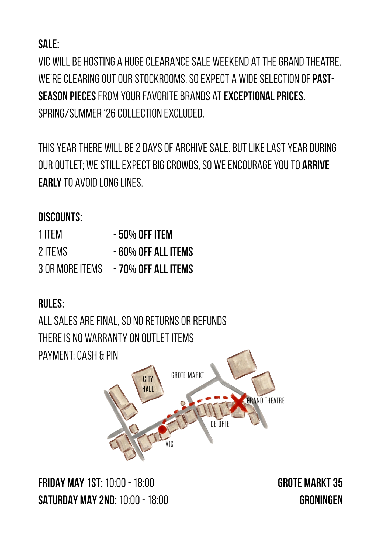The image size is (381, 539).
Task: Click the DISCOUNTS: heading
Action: [60, 217]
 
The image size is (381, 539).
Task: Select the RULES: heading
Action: [51, 304]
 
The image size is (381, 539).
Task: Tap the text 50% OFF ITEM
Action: [145, 235]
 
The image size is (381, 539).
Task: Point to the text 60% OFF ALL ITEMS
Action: [156, 252]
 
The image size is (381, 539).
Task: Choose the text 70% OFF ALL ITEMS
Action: [156, 269]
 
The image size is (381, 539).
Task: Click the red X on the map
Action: [238, 402]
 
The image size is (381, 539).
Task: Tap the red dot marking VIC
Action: [162, 429]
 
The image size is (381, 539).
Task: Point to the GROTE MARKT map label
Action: [188, 375]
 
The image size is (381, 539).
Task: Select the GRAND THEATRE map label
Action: [265, 401]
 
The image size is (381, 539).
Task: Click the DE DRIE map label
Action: [220, 424]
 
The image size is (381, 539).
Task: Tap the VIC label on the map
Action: [169, 444]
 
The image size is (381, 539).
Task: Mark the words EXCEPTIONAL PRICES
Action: [263, 96]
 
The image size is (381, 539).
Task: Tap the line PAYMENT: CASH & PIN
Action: [78, 355]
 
